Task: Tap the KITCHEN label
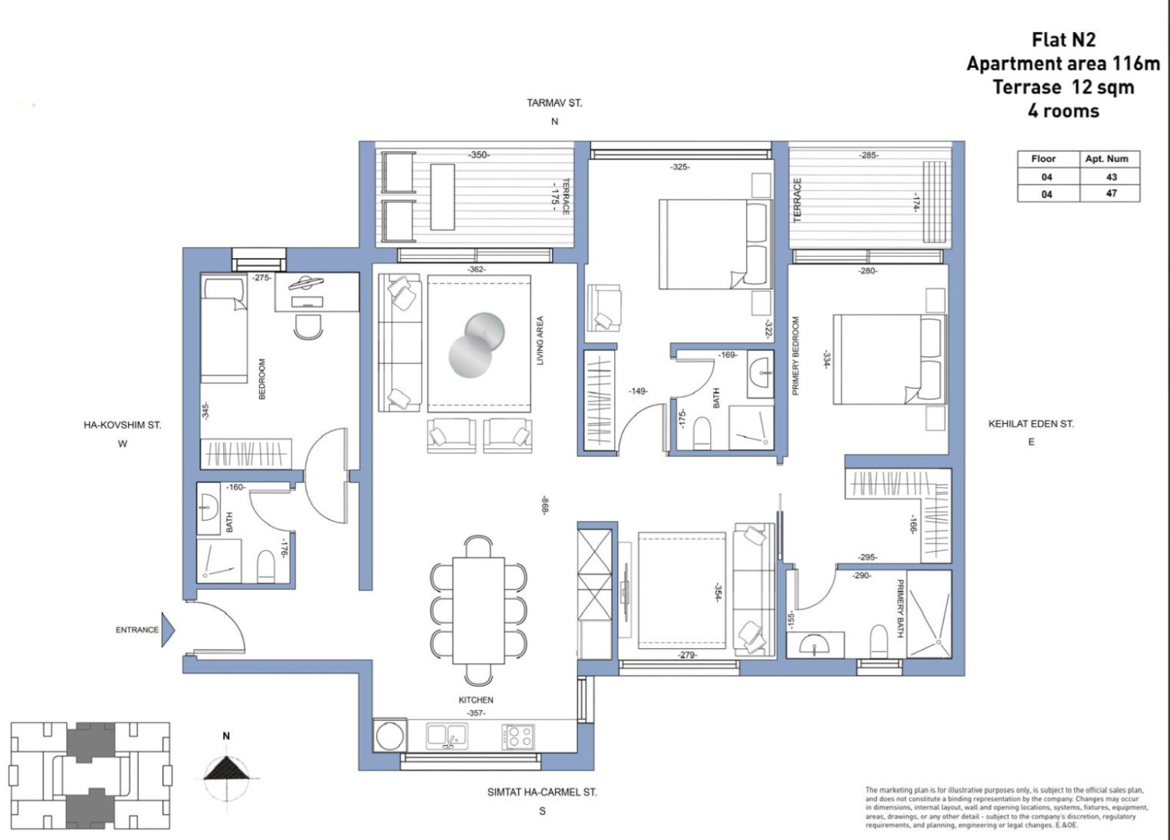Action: [476, 700]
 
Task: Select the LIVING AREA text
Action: [540, 341]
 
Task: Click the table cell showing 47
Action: [1110, 194]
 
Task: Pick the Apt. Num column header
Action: [1106, 159]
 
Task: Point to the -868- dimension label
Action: [545, 505]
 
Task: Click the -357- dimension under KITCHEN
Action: [476, 713]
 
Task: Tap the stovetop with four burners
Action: [518, 737]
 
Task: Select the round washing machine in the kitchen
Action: [389, 736]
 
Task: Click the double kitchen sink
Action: [448, 736]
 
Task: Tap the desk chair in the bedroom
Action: [308, 326]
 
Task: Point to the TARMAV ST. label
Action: [554, 103]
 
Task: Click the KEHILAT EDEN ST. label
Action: [1031, 424]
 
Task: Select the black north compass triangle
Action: [226, 769]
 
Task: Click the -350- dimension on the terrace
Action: [478, 155]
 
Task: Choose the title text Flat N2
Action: [1063, 40]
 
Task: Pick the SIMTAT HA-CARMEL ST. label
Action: [542, 792]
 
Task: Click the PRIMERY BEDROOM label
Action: [796, 356]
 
